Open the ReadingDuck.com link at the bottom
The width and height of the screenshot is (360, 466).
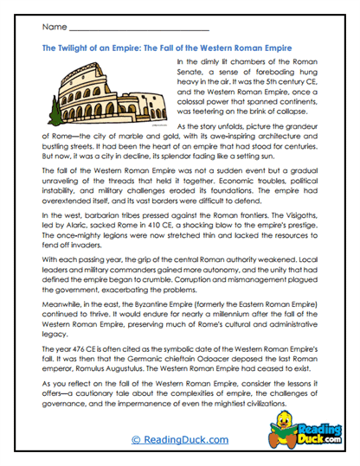(180, 439)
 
